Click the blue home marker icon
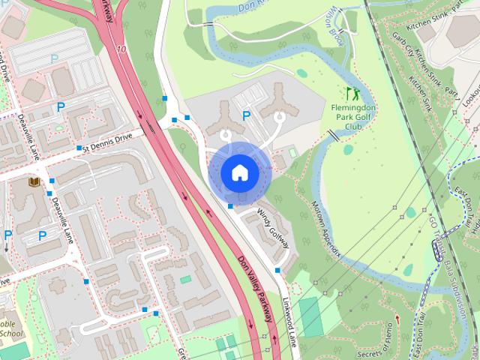[239, 173]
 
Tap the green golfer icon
[352, 94]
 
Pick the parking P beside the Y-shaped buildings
[246, 115]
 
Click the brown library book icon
[34, 181]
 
